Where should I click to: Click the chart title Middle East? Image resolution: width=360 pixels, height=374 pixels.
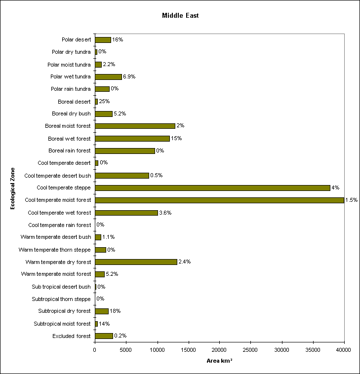tap(180, 15)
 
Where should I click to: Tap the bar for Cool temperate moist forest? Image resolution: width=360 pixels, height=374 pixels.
tap(219, 200)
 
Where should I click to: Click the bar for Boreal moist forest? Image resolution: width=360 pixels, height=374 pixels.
tap(135, 126)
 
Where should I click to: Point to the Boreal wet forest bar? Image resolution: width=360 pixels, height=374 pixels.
tap(132, 138)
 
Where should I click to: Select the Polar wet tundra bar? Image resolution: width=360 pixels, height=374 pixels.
tap(108, 76)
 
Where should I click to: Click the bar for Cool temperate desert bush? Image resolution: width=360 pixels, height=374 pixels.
tap(122, 175)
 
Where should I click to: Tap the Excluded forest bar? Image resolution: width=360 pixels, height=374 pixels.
tap(104, 336)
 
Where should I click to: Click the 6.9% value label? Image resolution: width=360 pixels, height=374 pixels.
tap(129, 76)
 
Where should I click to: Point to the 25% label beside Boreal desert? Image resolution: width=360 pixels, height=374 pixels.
tap(104, 101)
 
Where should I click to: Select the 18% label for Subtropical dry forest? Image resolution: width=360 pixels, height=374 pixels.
tap(115, 311)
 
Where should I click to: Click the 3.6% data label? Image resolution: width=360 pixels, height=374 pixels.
tap(165, 213)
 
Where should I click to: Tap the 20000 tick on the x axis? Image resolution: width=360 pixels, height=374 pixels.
tap(219, 350)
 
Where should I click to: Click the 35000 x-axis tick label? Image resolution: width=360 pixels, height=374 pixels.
tap(313, 350)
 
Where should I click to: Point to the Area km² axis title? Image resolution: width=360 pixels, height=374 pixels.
tap(219, 361)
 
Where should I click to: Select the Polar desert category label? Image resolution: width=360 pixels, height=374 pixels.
tap(76, 39)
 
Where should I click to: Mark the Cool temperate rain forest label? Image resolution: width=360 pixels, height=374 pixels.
tap(59, 225)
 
